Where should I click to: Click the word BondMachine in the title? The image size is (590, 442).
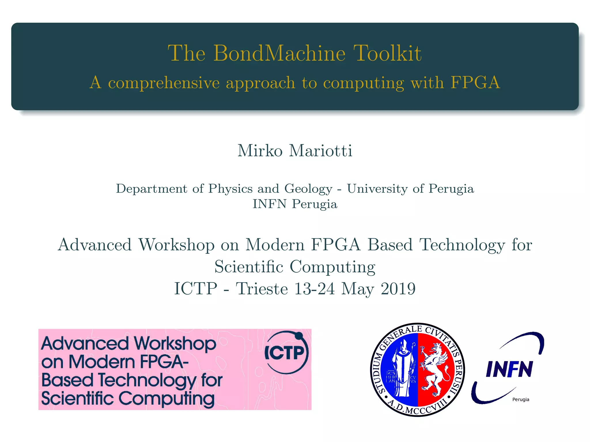(279, 53)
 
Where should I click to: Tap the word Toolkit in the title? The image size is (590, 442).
(387, 53)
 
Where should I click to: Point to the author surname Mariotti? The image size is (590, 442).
(321, 151)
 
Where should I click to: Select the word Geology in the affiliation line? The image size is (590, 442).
(308, 189)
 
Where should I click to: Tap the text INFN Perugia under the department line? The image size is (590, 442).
(295, 204)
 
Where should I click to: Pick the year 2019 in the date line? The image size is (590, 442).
(398, 289)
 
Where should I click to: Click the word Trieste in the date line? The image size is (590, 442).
(262, 289)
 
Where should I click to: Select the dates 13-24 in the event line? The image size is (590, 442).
(315, 289)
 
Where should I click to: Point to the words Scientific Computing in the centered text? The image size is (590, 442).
(295, 267)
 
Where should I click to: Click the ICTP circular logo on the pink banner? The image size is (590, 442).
(286, 353)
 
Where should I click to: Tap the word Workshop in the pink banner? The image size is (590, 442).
(175, 344)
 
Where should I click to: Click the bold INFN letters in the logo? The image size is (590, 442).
(509, 369)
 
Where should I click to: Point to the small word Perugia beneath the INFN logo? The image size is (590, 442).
(521, 399)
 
